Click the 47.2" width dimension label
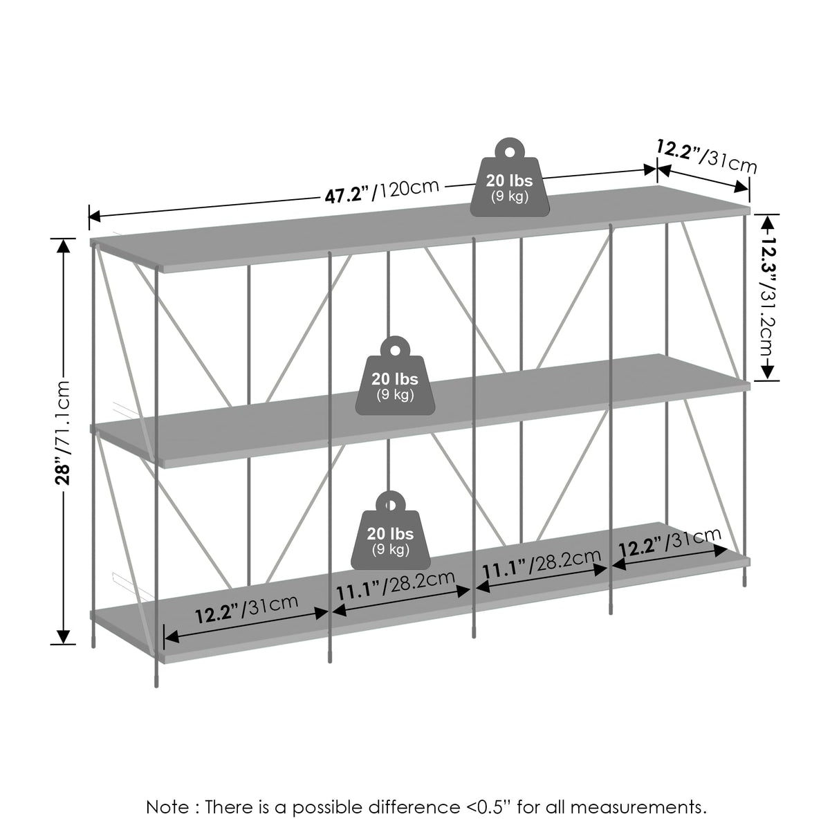[382, 191]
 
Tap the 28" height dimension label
[64, 432]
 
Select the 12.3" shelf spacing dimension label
[767, 297]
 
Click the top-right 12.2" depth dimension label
[706, 156]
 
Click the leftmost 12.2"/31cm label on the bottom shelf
[247, 609]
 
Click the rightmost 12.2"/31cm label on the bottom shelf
[670, 542]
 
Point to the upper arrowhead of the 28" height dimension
[64, 246]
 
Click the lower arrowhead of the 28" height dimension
[64, 636]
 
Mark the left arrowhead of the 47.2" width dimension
[94, 216]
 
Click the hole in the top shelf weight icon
[510, 152]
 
